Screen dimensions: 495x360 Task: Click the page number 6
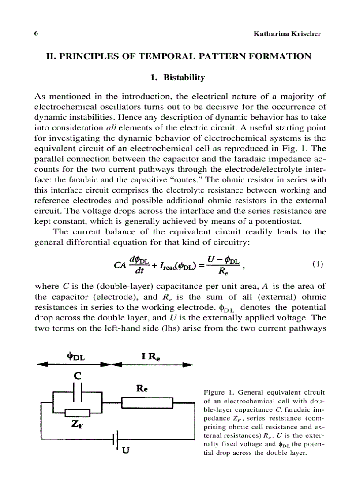click(x=36, y=34)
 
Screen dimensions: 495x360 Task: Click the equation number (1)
click(x=318, y=264)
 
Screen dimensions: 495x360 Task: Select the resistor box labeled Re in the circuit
click(x=144, y=403)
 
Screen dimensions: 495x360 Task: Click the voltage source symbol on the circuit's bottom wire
click(x=115, y=439)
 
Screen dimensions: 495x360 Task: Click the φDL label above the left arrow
click(x=76, y=357)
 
